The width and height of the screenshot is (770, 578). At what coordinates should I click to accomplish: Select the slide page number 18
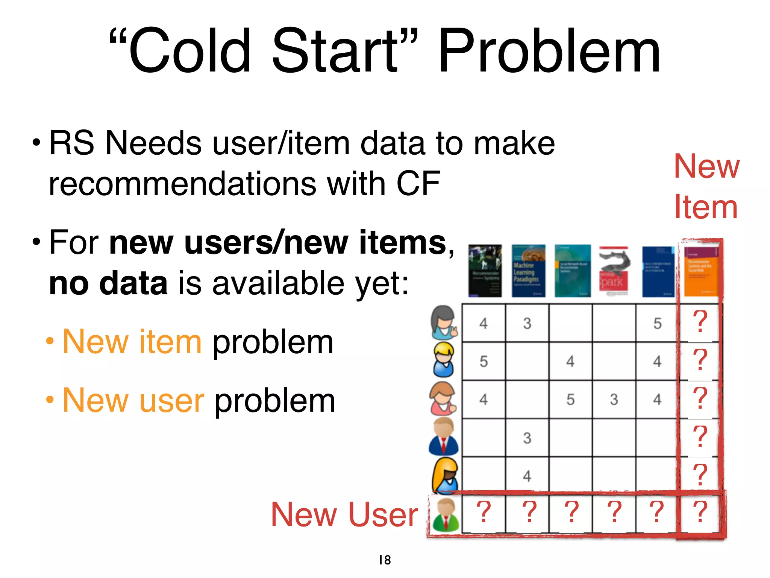coord(385,560)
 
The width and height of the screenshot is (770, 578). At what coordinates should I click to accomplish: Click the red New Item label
coord(706,186)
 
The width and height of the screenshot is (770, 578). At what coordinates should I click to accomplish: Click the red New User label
coord(344,514)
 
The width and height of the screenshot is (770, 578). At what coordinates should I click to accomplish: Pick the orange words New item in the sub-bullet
coord(132,342)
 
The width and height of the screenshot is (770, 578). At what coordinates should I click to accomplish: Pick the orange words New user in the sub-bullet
coord(133,400)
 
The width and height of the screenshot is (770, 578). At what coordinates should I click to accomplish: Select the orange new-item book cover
coord(701,271)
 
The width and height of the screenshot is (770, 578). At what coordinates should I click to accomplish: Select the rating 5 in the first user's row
coord(657,323)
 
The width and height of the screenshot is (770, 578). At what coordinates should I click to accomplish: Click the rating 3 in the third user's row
coord(614,399)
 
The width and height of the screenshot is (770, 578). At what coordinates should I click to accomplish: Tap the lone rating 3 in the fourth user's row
coord(527,438)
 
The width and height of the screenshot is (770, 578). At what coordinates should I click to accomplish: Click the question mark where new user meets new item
coord(700,512)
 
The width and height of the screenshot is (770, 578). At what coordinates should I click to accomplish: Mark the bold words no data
coord(108,283)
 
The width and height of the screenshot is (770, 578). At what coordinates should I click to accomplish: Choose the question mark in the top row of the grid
coord(700,322)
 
